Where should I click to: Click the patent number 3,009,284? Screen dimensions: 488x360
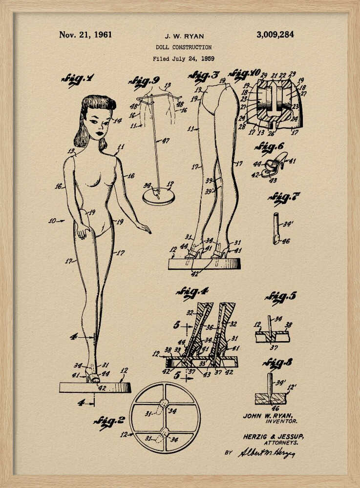pos(275,35)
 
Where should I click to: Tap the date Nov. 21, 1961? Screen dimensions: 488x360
pos(85,35)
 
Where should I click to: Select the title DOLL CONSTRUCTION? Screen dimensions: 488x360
pos(184,47)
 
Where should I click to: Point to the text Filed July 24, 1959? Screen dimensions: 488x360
pos(183,59)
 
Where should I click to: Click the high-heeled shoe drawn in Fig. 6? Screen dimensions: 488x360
pos(276,164)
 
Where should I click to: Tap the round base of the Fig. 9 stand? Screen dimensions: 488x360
pos(158,196)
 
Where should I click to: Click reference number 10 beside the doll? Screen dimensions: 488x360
pos(53,221)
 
